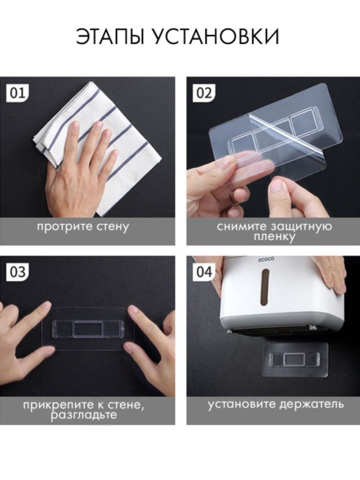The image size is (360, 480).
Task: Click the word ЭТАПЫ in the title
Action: pos(111,36)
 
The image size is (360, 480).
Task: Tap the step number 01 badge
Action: pos(18,94)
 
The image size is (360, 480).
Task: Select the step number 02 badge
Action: pos(204,94)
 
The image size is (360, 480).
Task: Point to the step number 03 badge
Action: pos(18,273)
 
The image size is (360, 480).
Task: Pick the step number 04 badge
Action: pos(204,273)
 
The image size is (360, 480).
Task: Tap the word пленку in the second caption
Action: pos(274,237)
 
